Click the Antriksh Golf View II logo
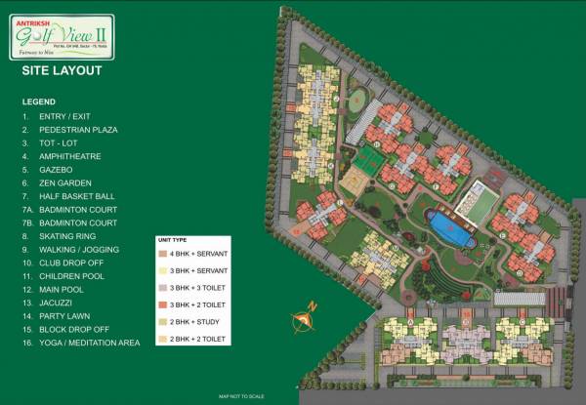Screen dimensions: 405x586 pyautogui.click(x=62, y=37)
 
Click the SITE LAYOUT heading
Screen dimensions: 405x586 pyautogui.click(x=61, y=71)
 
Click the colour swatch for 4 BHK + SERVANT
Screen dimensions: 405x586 pyautogui.click(x=162, y=253)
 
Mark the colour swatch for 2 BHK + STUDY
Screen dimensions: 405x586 pyautogui.click(x=162, y=323)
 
